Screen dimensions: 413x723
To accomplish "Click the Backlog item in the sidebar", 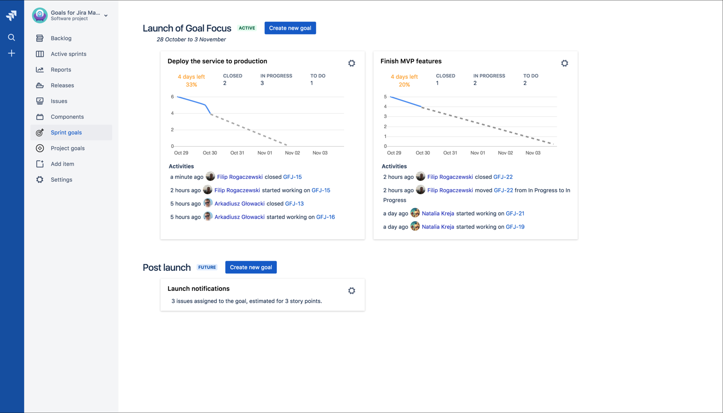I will pos(61,38).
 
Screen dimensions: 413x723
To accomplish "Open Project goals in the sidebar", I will pos(67,148).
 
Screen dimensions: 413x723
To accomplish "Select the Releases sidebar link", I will pos(62,85).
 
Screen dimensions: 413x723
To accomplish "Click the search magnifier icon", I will pos(11,37).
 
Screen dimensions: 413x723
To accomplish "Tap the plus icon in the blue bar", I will pos(11,53).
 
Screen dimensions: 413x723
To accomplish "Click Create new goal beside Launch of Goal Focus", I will pos(290,28).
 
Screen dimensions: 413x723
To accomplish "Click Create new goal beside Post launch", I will pos(251,267).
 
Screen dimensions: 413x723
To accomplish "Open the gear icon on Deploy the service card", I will pos(352,63).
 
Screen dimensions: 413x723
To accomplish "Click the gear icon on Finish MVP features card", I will pos(565,63).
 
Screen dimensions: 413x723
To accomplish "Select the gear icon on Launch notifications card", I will pos(352,291).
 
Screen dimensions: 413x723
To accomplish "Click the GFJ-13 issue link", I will pos(294,204).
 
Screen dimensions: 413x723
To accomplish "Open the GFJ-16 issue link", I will pos(325,217).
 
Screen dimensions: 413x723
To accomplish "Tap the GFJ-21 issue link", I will pos(515,213).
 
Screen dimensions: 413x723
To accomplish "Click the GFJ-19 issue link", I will pos(515,227).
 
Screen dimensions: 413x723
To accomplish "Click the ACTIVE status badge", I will pos(247,28).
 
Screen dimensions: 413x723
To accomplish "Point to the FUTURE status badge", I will pos(207,267).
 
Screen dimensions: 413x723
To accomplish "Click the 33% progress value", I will pos(191,85).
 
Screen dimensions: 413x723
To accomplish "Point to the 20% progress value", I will pos(404,85).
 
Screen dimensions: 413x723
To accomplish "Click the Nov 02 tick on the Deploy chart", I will pos(292,153).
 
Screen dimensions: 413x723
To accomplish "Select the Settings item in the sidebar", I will pos(62,180).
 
